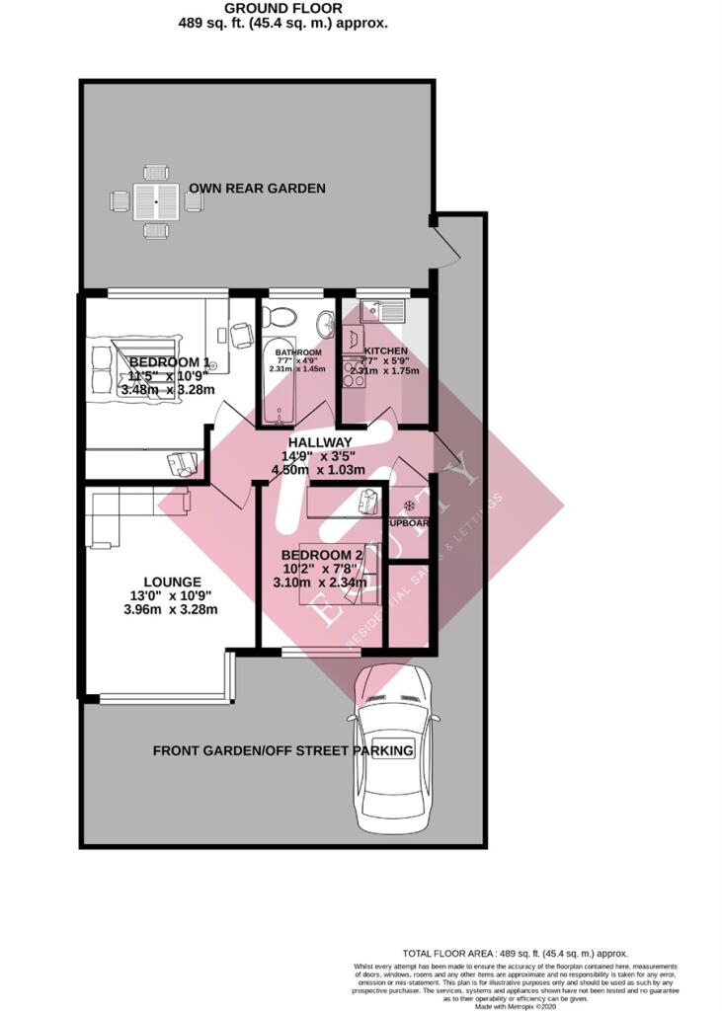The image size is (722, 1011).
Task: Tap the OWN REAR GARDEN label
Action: [257, 188]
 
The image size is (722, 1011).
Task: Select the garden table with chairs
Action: [155, 201]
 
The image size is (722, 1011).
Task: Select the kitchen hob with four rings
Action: [353, 373]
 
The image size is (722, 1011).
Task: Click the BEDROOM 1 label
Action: [169, 361]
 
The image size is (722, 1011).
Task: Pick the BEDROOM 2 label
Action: [323, 555]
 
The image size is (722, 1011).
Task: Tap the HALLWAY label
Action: [320, 441]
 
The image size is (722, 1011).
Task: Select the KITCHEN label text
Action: [385, 351]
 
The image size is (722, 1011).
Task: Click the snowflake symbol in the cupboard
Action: [409, 505]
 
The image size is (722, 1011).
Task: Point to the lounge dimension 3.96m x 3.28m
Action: [171, 609]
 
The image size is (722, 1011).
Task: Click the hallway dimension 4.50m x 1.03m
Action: [320, 469]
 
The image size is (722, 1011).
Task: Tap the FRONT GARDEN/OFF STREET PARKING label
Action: [283, 751]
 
